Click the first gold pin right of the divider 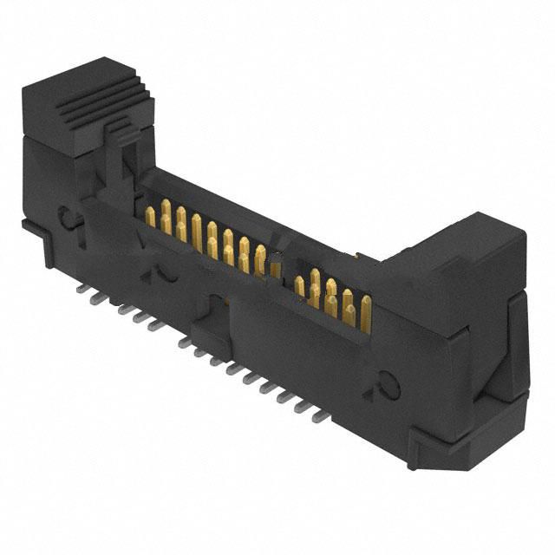299,286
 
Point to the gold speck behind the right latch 357,256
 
